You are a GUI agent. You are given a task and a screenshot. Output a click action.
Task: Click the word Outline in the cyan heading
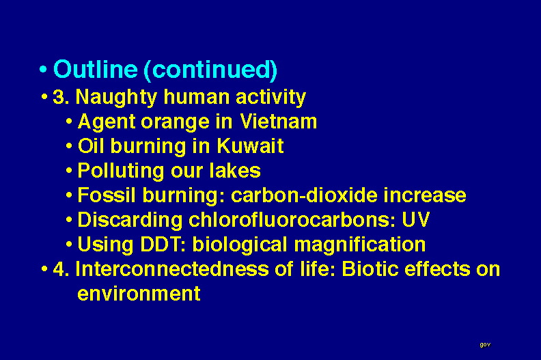point(96,69)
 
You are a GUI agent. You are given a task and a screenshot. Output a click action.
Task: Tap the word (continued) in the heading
point(210,70)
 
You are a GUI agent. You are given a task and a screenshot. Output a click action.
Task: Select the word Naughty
point(116,97)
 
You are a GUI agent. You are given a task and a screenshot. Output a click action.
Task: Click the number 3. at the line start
point(61,97)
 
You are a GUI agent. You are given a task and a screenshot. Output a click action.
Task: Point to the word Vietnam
point(279,122)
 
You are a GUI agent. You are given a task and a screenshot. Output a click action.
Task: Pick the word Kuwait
point(250,146)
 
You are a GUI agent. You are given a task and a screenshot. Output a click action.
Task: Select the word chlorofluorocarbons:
point(292,219)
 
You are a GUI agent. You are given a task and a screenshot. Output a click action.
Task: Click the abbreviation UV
point(416,219)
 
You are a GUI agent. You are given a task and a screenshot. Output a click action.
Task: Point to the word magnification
point(359,245)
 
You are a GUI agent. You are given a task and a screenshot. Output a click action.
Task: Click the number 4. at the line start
point(61,269)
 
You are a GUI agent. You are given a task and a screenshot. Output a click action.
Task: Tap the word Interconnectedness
point(172,269)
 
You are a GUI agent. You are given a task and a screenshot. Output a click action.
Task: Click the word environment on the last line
point(139,294)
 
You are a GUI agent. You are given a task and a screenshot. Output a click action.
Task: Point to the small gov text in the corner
point(485,344)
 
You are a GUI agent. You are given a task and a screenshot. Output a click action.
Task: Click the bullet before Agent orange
point(69,122)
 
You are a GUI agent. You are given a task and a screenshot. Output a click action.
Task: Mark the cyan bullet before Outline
point(43,69)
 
